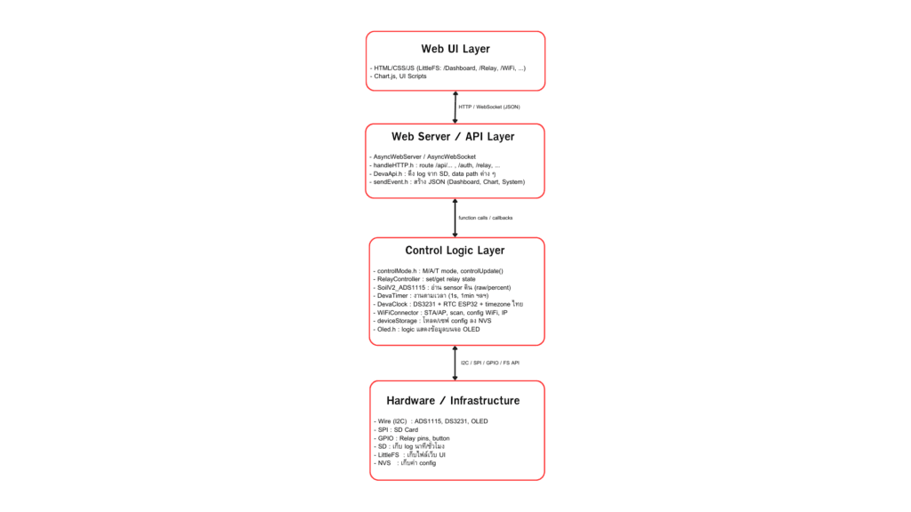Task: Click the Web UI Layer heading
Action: point(455,49)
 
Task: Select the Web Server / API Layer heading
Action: point(455,137)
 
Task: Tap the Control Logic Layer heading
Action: point(455,251)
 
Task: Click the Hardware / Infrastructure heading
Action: point(455,401)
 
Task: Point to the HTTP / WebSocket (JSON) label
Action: point(488,107)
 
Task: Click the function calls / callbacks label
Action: point(485,217)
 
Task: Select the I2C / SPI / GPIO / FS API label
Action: point(489,363)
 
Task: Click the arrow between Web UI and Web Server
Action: point(455,107)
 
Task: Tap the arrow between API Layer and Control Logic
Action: point(455,217)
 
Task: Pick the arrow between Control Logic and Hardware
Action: point(455,363)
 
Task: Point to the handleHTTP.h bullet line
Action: point(436,165)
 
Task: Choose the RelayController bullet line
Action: point(426,279)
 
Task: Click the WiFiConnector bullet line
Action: point(440,312)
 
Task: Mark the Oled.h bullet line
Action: point(426,329)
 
